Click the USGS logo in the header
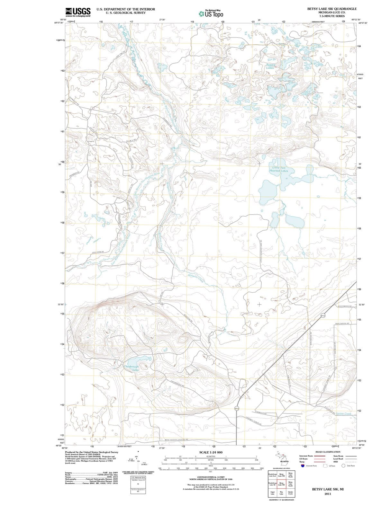[78, 12]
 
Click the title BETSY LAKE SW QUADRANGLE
[332, 9]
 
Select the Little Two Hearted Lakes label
[279, 169]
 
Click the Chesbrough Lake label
[131, 368]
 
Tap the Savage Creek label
[344, 413]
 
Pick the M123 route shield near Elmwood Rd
[237, 408]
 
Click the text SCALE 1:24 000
[211, 452]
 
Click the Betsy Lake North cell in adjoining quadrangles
[290, 475]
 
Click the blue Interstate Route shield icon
[303, 466]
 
